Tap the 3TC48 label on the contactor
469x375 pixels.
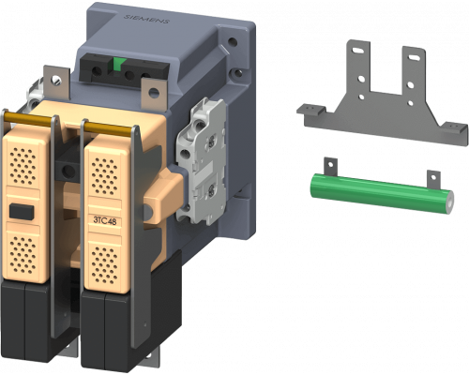point(105,220)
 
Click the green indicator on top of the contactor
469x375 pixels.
point(120,65)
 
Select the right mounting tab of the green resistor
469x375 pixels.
point(432,178)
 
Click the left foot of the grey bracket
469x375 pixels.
point(312,112)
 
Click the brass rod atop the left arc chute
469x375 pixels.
point(28,116)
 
